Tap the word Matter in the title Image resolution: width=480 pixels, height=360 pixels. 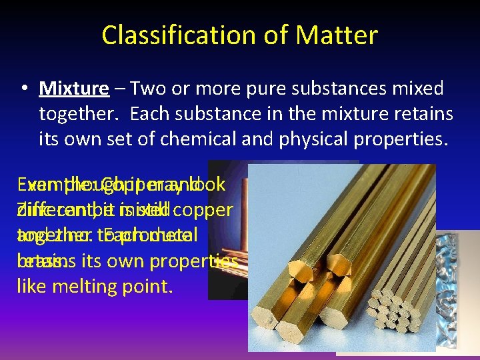point(337,35)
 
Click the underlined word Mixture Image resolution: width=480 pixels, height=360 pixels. point(74,89)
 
